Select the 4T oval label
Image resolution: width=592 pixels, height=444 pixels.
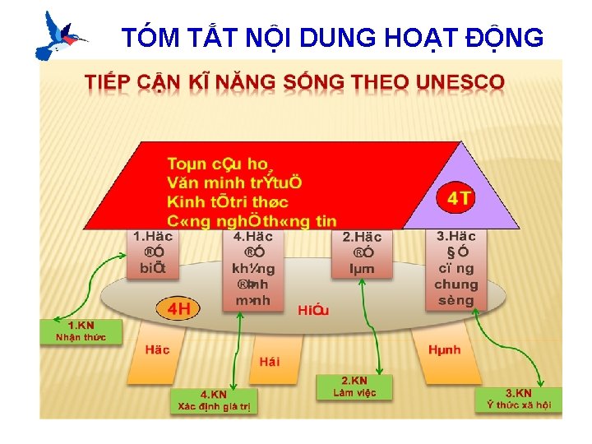tap(459, 198)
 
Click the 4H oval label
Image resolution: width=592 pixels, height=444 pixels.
tap(179, 309)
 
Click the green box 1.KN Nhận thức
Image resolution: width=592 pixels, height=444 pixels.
tap(81, 331)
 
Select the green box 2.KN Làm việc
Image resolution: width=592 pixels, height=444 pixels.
tap(354, 387)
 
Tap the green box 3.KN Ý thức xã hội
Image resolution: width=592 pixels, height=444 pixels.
tap(518, 399)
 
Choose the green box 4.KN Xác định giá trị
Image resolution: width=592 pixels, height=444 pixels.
tap(214, 400)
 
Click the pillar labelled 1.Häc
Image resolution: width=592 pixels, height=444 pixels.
tap(152, 254)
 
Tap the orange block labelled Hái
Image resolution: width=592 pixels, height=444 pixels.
tap(269, 361)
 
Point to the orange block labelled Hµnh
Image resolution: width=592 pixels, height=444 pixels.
tap(445, 350)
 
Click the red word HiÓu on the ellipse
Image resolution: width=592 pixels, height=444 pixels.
tap(313, 309)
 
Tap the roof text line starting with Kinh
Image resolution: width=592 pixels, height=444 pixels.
tap(228, 201)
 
